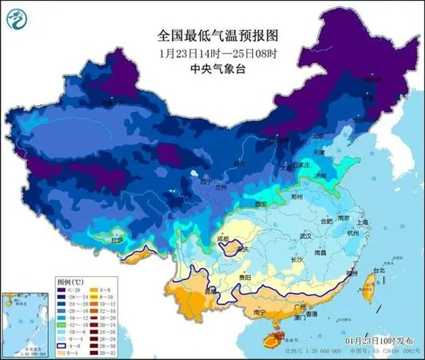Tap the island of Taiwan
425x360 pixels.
click(368, 286)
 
